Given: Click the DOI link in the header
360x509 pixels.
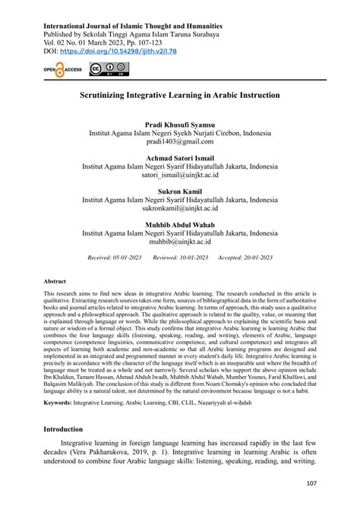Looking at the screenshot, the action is click(123, 51).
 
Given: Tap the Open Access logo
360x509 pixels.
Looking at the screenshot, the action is click(62, 70).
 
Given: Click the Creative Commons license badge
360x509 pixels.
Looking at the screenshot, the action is click(109, 70).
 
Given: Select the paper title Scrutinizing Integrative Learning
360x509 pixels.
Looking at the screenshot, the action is click(179, 96).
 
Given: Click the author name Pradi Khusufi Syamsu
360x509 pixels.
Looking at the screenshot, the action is click(180, 123).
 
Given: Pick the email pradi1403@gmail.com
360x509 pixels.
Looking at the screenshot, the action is click(180, 141).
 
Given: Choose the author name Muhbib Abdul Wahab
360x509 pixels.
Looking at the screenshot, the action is click(180, 225).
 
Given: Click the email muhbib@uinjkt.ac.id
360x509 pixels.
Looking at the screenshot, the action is click(180, 242).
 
